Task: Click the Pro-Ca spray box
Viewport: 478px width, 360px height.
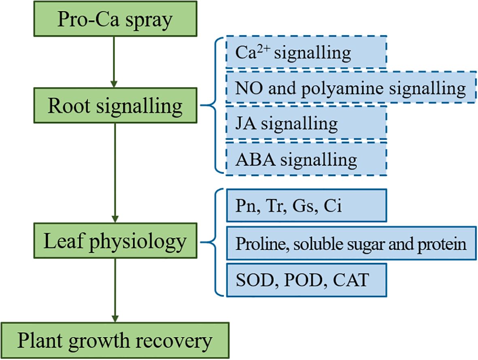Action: click(115, 19)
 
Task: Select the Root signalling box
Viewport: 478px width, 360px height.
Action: click(115, 106)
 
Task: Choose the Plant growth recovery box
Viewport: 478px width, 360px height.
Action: click(115, 340)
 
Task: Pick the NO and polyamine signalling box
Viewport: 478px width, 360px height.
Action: click(351, 88)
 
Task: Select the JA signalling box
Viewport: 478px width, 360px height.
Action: click(306, 123)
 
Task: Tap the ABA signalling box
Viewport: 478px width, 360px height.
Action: click(306, 159)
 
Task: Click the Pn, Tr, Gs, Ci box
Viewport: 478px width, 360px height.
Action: click(306, 205)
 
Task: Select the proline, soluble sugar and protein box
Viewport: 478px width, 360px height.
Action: click(351, 244)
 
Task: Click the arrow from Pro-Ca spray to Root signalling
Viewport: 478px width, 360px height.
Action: click(115, 61)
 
